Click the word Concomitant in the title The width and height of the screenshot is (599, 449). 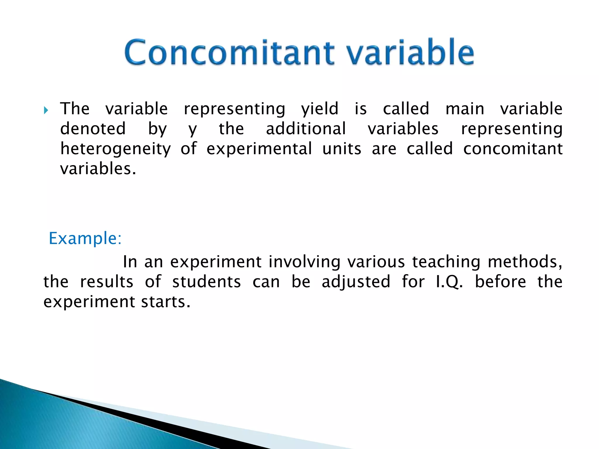(x=229, y=53)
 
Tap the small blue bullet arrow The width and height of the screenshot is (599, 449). (x=46, y=110)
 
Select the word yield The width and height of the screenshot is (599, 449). (x=320, y=109)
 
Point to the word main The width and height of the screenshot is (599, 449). (x=465, y=109)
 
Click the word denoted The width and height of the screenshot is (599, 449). (x=93, y=129)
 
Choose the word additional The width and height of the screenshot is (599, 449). (x=306, y=129)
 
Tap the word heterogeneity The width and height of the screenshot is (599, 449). (x=116, y=149)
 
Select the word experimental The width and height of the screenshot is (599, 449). (x=259, y=149)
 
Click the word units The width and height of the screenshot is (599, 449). (x=342, y=149)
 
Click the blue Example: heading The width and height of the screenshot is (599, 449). (x=85, y=238)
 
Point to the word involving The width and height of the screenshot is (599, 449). (x=304, y=262)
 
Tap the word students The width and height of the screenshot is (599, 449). (x=206, y=282)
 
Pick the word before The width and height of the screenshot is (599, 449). (x=500, y=282)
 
